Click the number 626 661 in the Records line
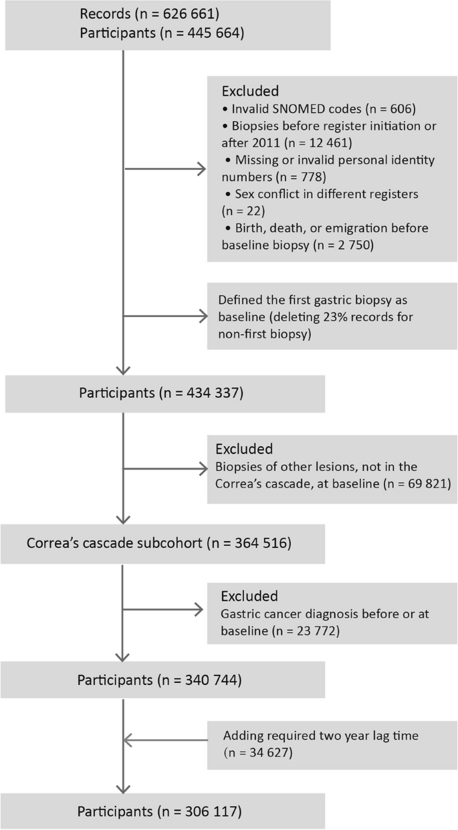(x=191, y=14)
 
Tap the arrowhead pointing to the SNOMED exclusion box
(x=201, y=169)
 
